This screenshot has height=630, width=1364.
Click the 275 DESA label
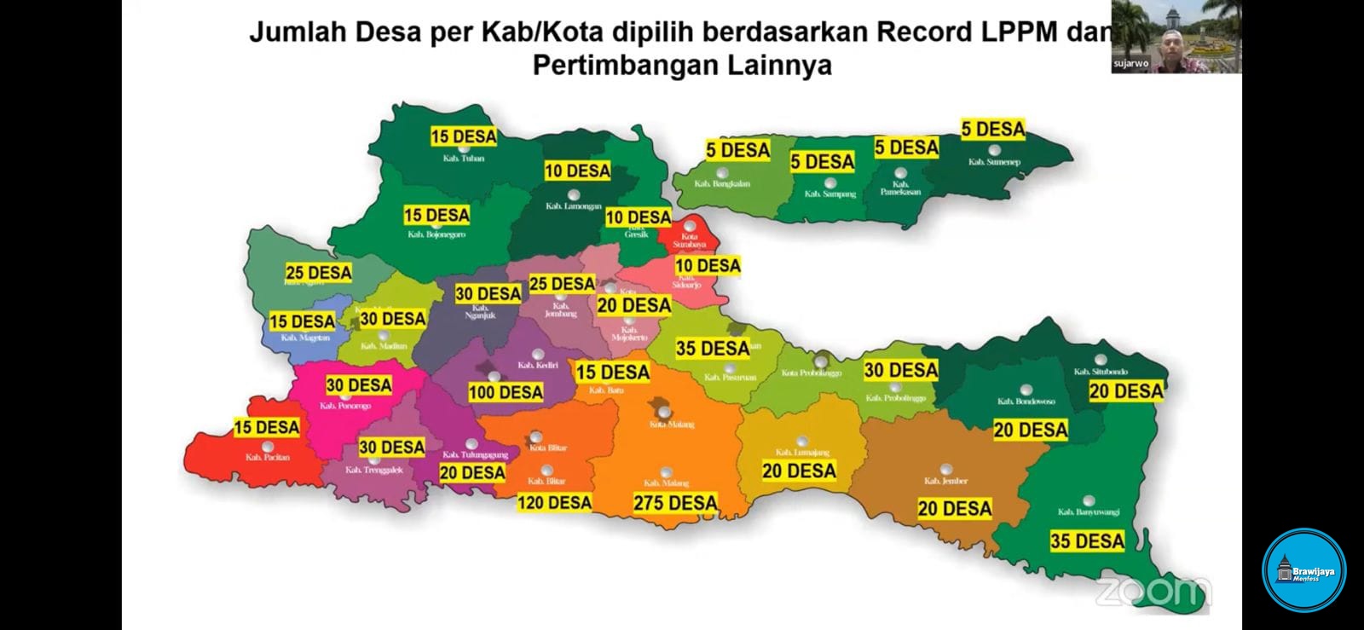tap(675, 503)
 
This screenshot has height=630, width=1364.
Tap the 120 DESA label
tap(554, 503)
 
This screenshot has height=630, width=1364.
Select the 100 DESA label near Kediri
tap(506, 393)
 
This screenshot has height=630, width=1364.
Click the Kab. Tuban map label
tap(463, 159)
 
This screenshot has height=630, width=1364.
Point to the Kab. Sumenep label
tap(994, 162)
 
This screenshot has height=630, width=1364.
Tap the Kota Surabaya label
tap(689, 240)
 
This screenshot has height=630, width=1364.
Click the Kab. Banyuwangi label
tap(1089, 512)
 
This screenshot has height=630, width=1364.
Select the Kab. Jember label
tap(945, 481)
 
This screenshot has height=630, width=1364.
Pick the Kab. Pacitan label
tap(268, 458)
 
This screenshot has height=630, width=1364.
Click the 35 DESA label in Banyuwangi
tap(1087, 541)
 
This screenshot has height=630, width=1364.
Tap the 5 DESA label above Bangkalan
tap(737, 151)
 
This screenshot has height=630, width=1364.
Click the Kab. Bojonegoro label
tap(436, 234)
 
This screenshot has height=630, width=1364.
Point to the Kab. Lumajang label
tap(801, 453)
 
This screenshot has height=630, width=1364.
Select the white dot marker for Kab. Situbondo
tap(1101, 360)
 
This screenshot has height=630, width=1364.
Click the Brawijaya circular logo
tap(1303, 571)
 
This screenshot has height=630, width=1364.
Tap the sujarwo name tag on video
tap(1130, 64)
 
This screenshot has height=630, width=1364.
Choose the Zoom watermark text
tap(1152, 590)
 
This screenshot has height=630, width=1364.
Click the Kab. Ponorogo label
tap(345, 406)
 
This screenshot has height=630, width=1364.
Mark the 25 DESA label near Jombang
tap(562, 284)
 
